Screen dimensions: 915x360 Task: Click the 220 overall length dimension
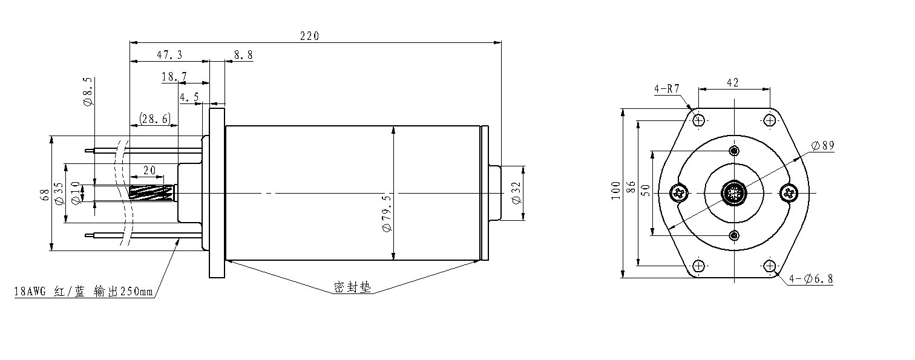point(310,36)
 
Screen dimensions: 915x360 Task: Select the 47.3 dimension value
point(169,54)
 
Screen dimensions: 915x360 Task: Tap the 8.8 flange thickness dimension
point(243,54)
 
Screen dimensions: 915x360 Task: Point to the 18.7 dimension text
point(174,76)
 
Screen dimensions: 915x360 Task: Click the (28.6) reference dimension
point(155,119)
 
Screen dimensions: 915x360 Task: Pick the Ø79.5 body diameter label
point(387,214)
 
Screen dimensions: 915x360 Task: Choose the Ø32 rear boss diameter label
point(516,193)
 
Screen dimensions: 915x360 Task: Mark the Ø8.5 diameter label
point(88,91)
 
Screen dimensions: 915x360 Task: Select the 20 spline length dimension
point(149,170)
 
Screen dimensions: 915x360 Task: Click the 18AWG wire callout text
point(84,292)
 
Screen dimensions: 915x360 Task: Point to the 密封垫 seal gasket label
point(353,287)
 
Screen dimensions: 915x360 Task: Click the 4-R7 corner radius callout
point(667,89)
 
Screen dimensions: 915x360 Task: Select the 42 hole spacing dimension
point(732,82)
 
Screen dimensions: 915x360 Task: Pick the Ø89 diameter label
point(822,145)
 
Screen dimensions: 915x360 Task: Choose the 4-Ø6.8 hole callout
point(811,279)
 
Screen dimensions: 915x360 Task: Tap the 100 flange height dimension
point(615,191)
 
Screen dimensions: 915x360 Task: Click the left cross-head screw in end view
point(680,193)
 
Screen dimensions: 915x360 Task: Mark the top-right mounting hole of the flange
point(770,120)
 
